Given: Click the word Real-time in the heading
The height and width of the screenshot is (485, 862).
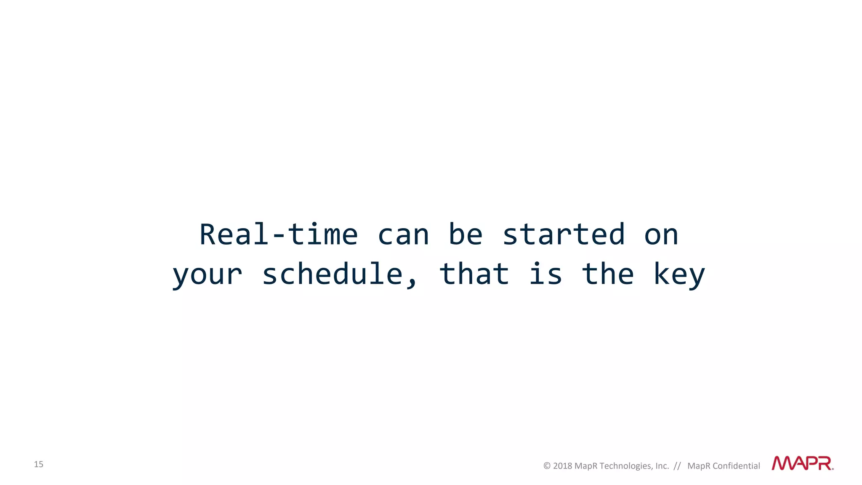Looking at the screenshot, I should [x=278, y=235].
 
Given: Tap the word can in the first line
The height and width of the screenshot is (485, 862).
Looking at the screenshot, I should [x=403, y=235].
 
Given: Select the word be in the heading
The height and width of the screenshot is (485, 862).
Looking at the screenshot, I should [x=465, y=235].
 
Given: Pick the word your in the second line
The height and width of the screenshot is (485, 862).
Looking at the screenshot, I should [x=207, y=274].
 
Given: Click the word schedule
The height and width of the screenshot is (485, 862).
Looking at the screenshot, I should [x=333, y=274].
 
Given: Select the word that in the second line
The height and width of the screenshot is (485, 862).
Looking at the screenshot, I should [x=474, y=274].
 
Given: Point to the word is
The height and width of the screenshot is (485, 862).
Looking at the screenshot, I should [x=545, y=274].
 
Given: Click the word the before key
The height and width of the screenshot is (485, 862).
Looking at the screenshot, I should [x=607, y=274].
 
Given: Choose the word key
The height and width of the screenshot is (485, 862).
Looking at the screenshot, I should [x=678, y=274].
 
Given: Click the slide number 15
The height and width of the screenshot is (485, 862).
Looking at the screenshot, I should [x=38, y=464].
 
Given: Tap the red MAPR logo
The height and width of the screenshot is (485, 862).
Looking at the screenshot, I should [x=802, y=463].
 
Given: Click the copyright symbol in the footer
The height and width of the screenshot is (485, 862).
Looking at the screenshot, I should [x=547, y=466].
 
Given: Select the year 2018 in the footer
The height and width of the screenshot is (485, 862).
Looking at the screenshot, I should [x=562, y=466].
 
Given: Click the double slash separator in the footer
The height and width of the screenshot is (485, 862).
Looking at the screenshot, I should [x=677, y=466].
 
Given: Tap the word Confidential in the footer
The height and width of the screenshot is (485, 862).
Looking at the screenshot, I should [x=736, y=466].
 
